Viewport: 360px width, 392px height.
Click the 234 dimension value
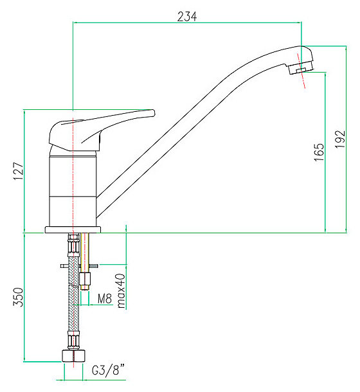[x=187, y=17]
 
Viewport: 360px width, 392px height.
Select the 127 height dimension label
[x=19, y=171]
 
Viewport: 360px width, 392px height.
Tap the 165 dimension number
[x=319, y=152]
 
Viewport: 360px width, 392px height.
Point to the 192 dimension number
[x=340, y=139]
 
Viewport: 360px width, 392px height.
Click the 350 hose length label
[x=18, y=297]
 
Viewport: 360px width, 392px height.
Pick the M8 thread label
[x=105, y=299]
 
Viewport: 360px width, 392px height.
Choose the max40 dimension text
[x=121, y=290]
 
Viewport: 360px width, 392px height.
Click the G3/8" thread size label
[x=108, y=370]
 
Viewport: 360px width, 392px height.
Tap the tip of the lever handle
[x=154, y=113]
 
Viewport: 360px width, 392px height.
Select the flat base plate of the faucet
[x=73, y=230]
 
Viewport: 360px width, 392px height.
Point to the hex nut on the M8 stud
[x=85, y=279]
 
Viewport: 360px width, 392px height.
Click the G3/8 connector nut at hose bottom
[x=73, y=356]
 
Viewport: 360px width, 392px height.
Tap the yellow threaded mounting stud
[x=85, y=262]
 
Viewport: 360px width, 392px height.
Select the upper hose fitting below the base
[x=73, y=244]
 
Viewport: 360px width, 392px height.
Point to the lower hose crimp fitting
[x=73, y=341]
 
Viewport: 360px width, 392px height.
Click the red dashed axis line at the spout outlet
[x=301, y=71]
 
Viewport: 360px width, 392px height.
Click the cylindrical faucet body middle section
[x=73, y=176]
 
